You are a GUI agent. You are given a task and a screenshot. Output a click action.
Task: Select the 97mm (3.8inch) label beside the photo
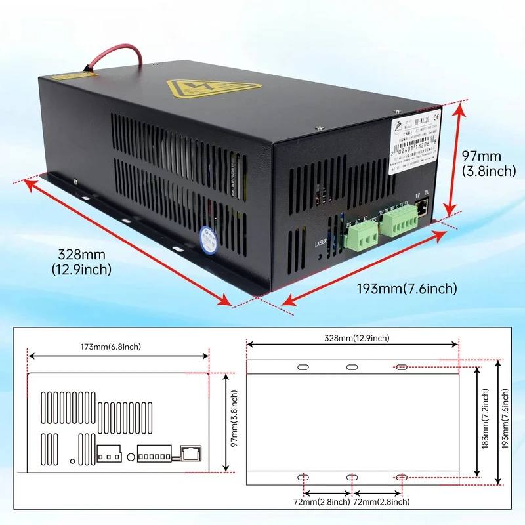click(482, 163)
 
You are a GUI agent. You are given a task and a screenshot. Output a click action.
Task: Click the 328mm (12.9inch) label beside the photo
click(83, 261)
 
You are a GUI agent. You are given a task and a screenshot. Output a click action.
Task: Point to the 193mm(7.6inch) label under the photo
click(407, 289)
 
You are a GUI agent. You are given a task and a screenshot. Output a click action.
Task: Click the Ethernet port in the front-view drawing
click(190, 452)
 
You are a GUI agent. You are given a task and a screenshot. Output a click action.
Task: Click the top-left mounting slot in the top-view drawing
click(303, 367)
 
